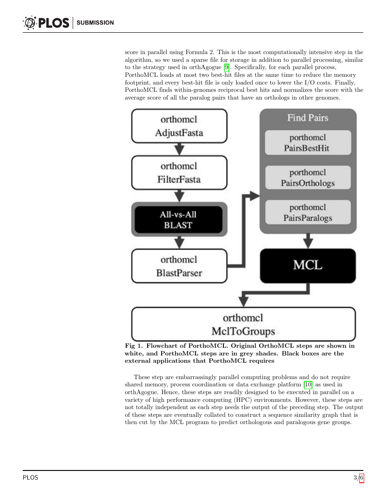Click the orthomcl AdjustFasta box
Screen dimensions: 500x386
(179, 126)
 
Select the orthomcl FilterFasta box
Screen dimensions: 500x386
(179, 173)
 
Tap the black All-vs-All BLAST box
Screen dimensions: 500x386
(179, 220)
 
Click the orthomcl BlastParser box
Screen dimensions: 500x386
(179, 266)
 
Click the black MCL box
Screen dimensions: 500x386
(307, 265)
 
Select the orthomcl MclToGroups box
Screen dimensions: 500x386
(243, 324)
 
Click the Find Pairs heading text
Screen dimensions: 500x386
(307, 118)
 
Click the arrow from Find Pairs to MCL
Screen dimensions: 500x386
(308, 240)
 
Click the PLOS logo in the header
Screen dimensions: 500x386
(45, 22)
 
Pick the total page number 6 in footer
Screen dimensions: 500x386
(361, 478)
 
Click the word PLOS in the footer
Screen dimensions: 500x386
(30, 478)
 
